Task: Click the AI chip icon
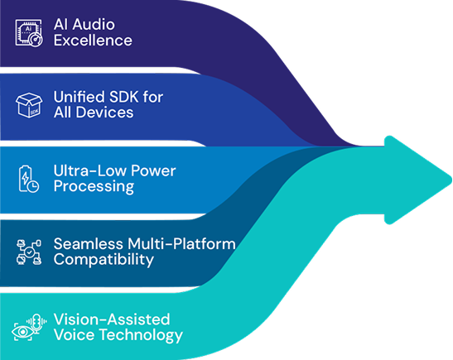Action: tap(29, 32)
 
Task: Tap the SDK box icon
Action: tap(29, 105)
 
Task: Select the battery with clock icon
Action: tap(29, 179)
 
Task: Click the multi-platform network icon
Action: tap(29, 252)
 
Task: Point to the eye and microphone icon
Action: tap(29, 328)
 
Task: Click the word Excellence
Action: tap(93, 40)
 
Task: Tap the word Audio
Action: tap(94, 24)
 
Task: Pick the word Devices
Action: tap(104, 113)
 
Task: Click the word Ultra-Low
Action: tap(90, 170)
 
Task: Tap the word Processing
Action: tap(94, 186)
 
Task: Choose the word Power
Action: tap(153, 171)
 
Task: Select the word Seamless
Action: tap(89, 243)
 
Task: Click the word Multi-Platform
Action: tap(181, 243)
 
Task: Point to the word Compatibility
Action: tap(104, 260)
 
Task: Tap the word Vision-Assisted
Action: tap(112, 319)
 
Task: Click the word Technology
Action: tap(141, 335)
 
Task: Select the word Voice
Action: tap(75, 335)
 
